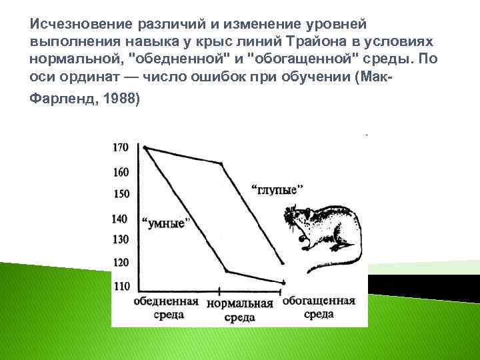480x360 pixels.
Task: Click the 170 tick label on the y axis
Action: (121, 148)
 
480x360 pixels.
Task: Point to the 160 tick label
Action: (121, 172)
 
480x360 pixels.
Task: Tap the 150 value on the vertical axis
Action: (121, 194)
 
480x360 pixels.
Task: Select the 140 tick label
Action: (120, 218)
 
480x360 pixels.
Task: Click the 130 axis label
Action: (121, 239)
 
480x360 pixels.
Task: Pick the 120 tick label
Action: (121, 263)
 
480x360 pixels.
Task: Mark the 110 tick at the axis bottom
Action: (121, 286)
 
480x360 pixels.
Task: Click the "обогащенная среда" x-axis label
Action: (318, 307)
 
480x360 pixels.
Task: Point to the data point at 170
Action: (145, 147)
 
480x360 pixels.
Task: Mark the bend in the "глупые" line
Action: (221, 168)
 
